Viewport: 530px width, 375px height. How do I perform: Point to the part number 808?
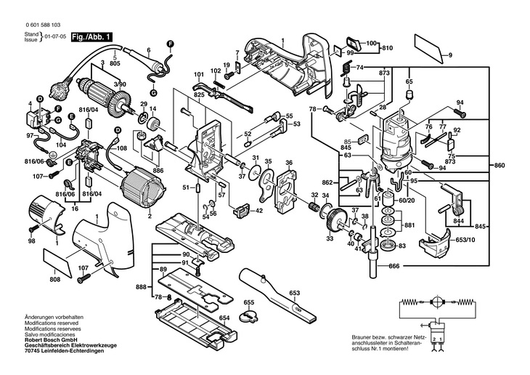click(55, 279)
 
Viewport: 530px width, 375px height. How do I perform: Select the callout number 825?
click(200, 95)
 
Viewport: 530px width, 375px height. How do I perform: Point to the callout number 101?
click(198, 75)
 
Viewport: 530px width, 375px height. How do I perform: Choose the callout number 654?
click(224, 318)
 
